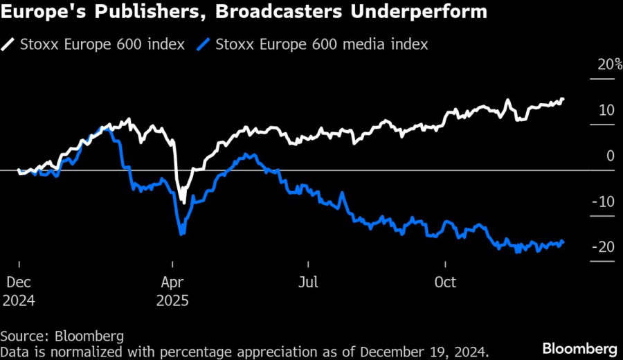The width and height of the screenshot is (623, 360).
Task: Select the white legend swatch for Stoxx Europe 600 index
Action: pos(10,44)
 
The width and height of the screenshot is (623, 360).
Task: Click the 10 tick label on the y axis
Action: pos(606,110)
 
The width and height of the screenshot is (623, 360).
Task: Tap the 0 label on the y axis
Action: pos(611,156)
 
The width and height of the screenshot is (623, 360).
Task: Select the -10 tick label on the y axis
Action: pos(604,201)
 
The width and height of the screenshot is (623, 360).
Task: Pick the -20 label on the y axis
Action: pos(604,247)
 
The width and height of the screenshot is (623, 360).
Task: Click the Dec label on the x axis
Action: pos(19,282)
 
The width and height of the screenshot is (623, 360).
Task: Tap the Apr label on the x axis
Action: pos(173,282)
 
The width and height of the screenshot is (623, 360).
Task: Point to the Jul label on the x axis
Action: pos(309,282)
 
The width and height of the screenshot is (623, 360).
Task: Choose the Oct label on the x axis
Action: pos(445,282)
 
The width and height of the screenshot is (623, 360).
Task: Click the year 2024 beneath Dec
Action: pos(19,301)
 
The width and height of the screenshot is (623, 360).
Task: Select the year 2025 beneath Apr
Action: pos(173,301)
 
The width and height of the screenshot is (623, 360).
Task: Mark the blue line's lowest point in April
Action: pos(181,234)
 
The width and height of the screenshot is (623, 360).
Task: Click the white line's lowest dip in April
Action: pos(183,201)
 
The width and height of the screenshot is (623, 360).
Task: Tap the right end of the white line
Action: pos(563,99)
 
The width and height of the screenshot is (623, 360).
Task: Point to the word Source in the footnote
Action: pos(23,336)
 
